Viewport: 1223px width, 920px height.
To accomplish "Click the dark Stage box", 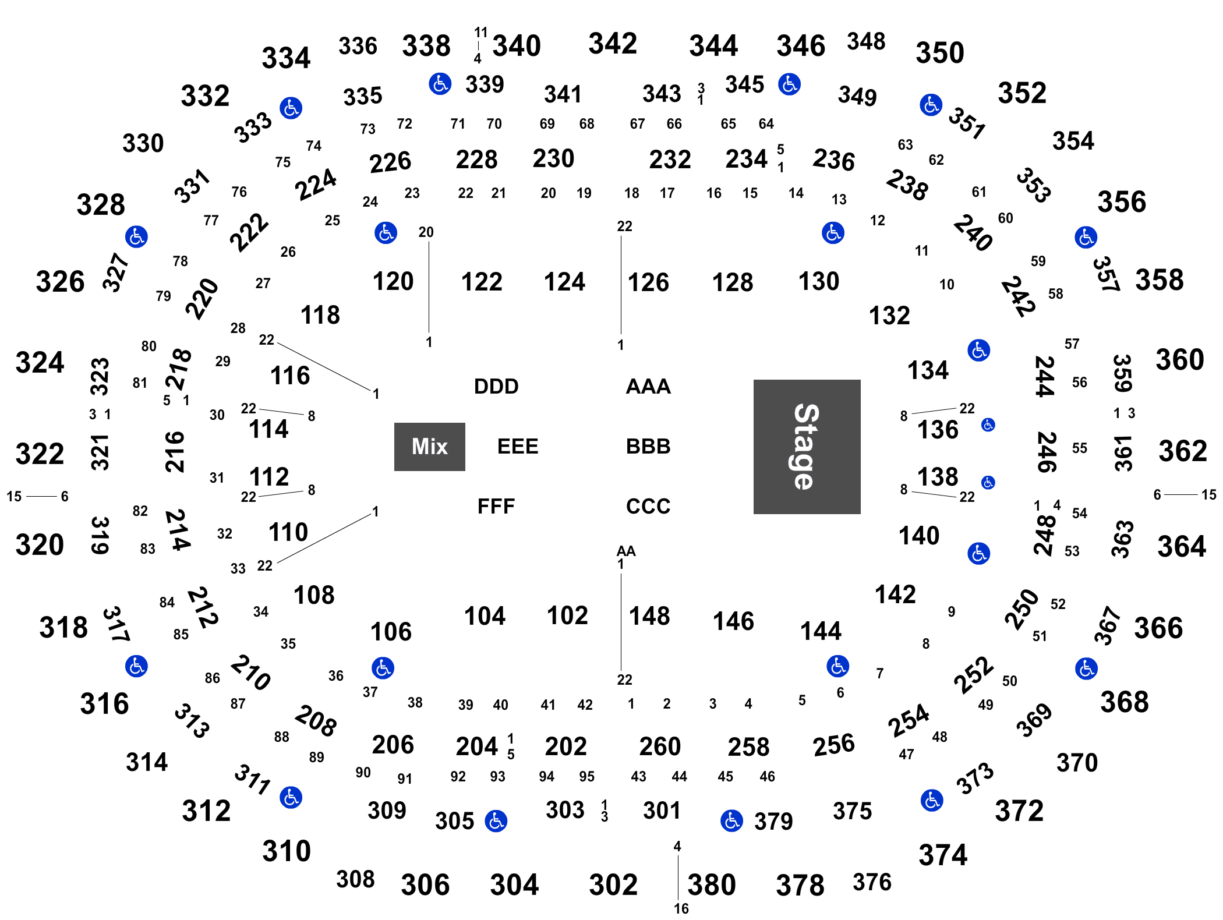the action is [807, 447].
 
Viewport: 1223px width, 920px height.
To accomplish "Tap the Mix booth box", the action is [429, 447].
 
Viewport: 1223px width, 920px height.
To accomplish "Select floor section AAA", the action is [648, 386].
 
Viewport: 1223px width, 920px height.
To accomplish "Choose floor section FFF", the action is [496, 506].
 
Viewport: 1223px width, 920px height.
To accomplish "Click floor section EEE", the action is [517, 446].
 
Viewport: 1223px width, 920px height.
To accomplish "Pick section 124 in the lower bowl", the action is [564, 282].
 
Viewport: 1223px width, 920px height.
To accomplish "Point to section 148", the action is [649, 616].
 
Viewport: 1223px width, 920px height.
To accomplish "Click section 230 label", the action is [553, 158].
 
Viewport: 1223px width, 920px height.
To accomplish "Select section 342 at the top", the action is [613, 44].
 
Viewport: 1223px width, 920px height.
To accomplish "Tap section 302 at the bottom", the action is [613, 885].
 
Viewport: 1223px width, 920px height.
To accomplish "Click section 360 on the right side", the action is [1180, 360].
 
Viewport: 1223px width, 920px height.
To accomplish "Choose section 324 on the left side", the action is [40, 362].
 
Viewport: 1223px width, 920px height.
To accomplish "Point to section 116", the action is [290, 376].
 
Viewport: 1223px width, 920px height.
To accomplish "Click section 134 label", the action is [928, 370].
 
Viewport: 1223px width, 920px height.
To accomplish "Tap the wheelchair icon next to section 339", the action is [440, 84].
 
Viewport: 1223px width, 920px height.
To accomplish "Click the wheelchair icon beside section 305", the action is [496, 821].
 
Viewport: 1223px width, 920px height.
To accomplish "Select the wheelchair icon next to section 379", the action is [731, 821].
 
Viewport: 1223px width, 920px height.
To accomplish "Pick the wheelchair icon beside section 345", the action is [789, 84].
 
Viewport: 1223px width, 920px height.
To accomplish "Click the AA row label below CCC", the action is [626, 551].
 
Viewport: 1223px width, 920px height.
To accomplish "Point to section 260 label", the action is [660, 746].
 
